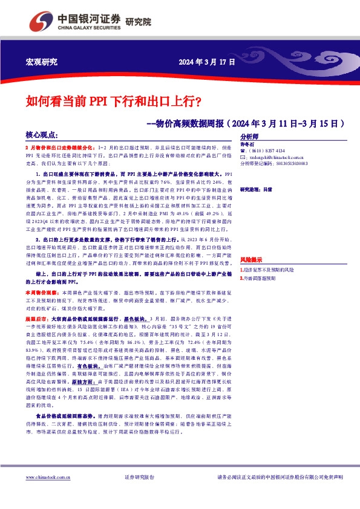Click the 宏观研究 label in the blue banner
[43, 62]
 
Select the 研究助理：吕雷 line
[261, 189]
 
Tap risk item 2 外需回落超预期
[260, 279]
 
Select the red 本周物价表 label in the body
[39, 291]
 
